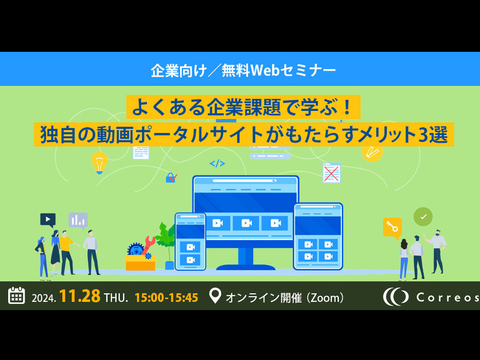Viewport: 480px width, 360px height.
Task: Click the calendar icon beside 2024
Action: tap(16, 295)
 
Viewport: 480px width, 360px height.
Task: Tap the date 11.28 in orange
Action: tap(80, 296)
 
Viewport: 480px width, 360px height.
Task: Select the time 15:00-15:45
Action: tap(166, 298)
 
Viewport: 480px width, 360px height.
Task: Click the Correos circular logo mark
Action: tap(396, 297)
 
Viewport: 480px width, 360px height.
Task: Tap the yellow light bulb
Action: tap(99, 163)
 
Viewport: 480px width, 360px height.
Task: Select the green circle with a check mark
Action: tap(423, 217)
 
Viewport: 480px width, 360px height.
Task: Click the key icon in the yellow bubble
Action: tap(392, 228)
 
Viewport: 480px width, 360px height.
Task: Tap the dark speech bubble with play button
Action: tap(48, 220)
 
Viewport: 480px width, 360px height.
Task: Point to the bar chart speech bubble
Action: tap(78, 220)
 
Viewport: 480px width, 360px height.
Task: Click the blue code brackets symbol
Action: tap(217, 164)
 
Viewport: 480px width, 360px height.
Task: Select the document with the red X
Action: tap(332, 173)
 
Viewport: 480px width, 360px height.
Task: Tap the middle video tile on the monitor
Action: tap(246, 223)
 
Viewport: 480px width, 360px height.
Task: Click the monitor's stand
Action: tap(246, 259)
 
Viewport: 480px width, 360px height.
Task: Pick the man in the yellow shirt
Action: tap(67, 252)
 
